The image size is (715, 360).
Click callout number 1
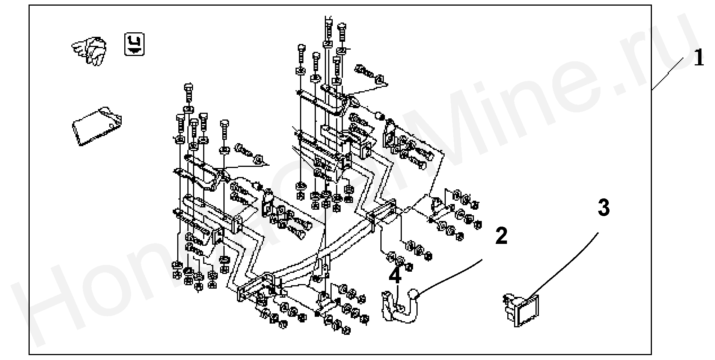click(x=698, y=59)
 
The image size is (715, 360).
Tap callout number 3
click(x=603, y=208)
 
